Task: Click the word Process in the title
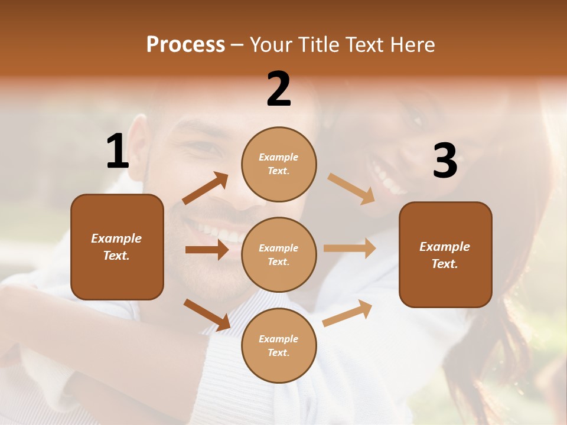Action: pos(185,45)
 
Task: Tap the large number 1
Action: pos(118,152)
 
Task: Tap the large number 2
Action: pos(279,90)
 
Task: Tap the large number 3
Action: pos(445,162)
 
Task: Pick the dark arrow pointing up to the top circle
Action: pos(206,188)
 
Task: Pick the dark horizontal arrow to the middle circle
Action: pos(207,250)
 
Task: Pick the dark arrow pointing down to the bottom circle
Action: pos(207,314)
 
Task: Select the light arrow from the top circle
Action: pos(351,189)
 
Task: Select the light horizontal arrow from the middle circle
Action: pos(350,249)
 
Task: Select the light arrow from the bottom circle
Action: pos(347,313)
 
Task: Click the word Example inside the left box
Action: pos(116,238)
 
